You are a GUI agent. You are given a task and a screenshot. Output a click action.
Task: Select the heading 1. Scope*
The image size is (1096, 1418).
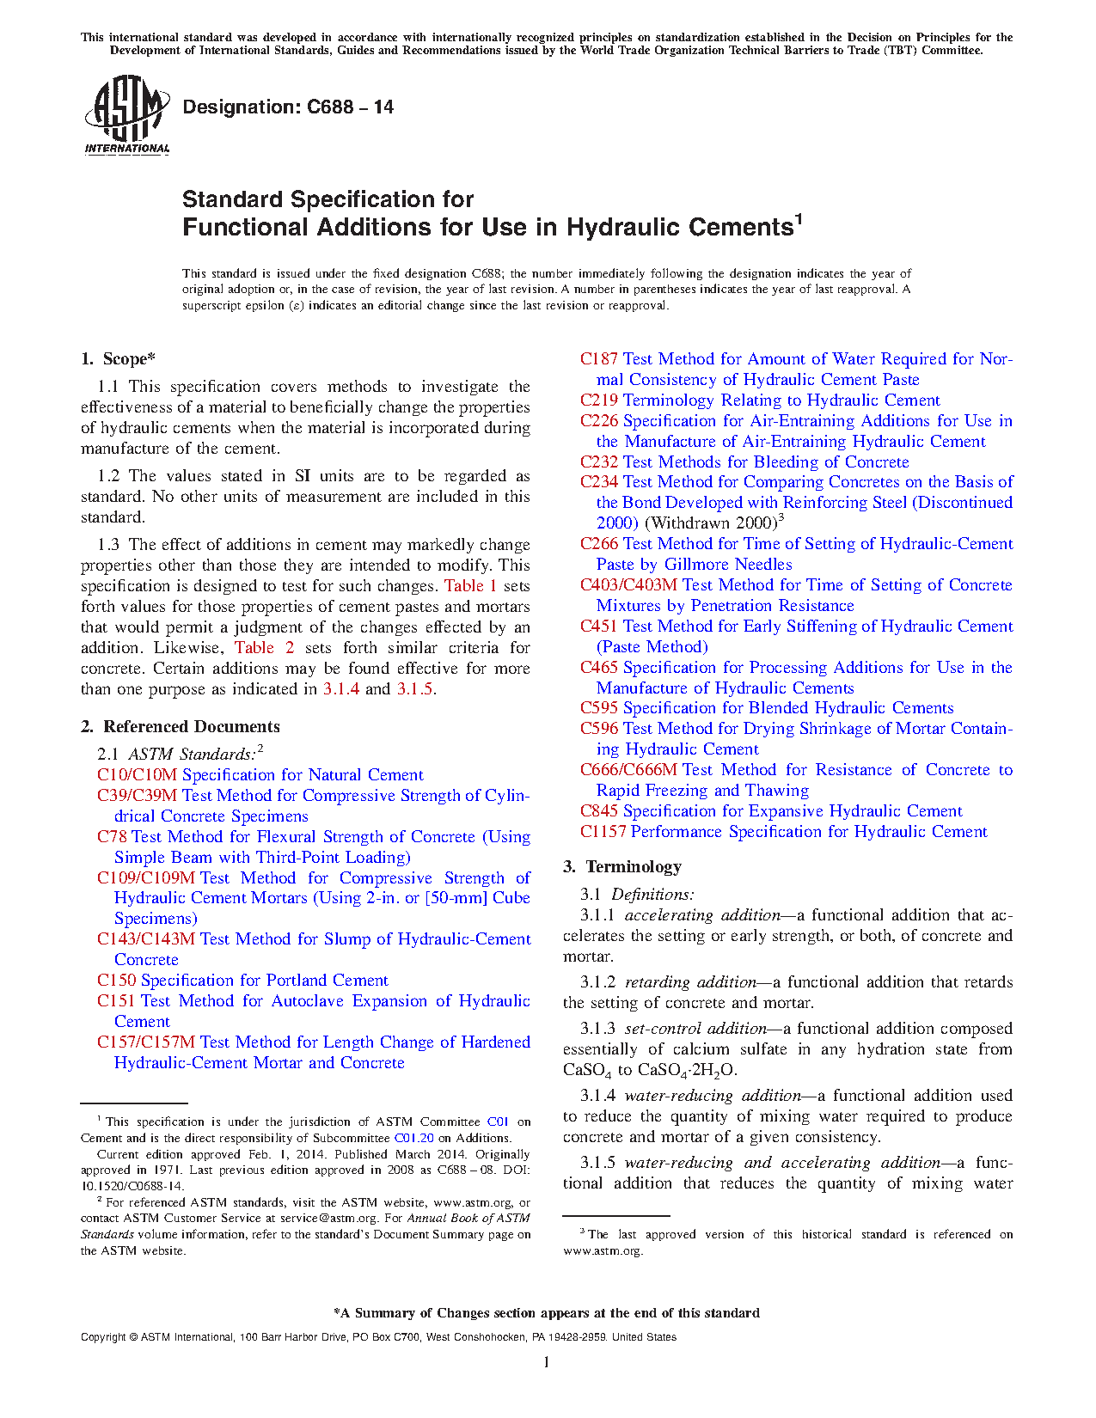[118, 359]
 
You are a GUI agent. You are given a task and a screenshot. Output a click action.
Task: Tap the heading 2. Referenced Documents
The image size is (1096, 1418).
[180, 727]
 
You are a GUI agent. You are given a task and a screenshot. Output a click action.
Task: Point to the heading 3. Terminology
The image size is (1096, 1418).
[621, 866]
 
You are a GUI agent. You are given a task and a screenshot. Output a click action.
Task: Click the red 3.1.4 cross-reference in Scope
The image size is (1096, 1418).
[340, 689]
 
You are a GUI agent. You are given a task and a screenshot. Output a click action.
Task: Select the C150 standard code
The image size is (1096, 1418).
[116, 981]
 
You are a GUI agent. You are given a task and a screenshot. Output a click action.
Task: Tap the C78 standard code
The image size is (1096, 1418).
[112, 837]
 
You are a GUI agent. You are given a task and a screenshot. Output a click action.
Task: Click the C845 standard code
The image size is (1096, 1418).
[598, 811]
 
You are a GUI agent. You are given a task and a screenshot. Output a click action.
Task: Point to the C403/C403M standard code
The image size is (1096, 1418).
[628, 585]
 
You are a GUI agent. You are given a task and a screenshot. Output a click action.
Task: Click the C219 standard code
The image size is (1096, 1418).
[598, 400]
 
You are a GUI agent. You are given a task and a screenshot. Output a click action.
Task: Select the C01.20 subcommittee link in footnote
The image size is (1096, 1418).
[413, 1138]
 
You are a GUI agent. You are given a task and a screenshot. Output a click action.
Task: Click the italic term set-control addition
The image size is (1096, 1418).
[695, 1029]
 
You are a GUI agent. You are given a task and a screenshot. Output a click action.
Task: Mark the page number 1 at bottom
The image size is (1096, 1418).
[546, 1362]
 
